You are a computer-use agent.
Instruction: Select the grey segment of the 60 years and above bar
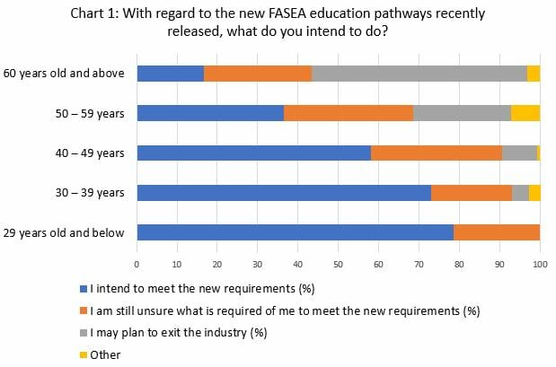[419, 74]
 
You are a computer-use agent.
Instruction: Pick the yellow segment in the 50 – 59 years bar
[525, 113]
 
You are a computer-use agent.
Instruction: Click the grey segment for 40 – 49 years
[519, 153]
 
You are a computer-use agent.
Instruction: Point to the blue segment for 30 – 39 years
[283, 192]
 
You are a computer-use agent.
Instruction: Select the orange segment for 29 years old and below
[497, 232]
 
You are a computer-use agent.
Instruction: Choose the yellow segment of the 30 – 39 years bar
[534, 192]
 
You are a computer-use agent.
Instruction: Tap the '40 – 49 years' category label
[87, 153]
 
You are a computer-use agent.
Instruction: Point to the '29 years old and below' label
[64, 232]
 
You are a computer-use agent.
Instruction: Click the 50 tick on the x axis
[338, 265]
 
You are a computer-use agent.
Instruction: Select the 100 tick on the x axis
[540, 265]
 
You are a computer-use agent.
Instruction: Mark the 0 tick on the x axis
[137, 265]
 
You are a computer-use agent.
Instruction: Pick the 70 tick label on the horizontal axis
[419, 265]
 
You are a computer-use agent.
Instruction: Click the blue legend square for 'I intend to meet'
[84, 289]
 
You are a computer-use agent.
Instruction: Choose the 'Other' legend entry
[105, 354]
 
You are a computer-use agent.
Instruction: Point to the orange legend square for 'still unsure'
[84, 311]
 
